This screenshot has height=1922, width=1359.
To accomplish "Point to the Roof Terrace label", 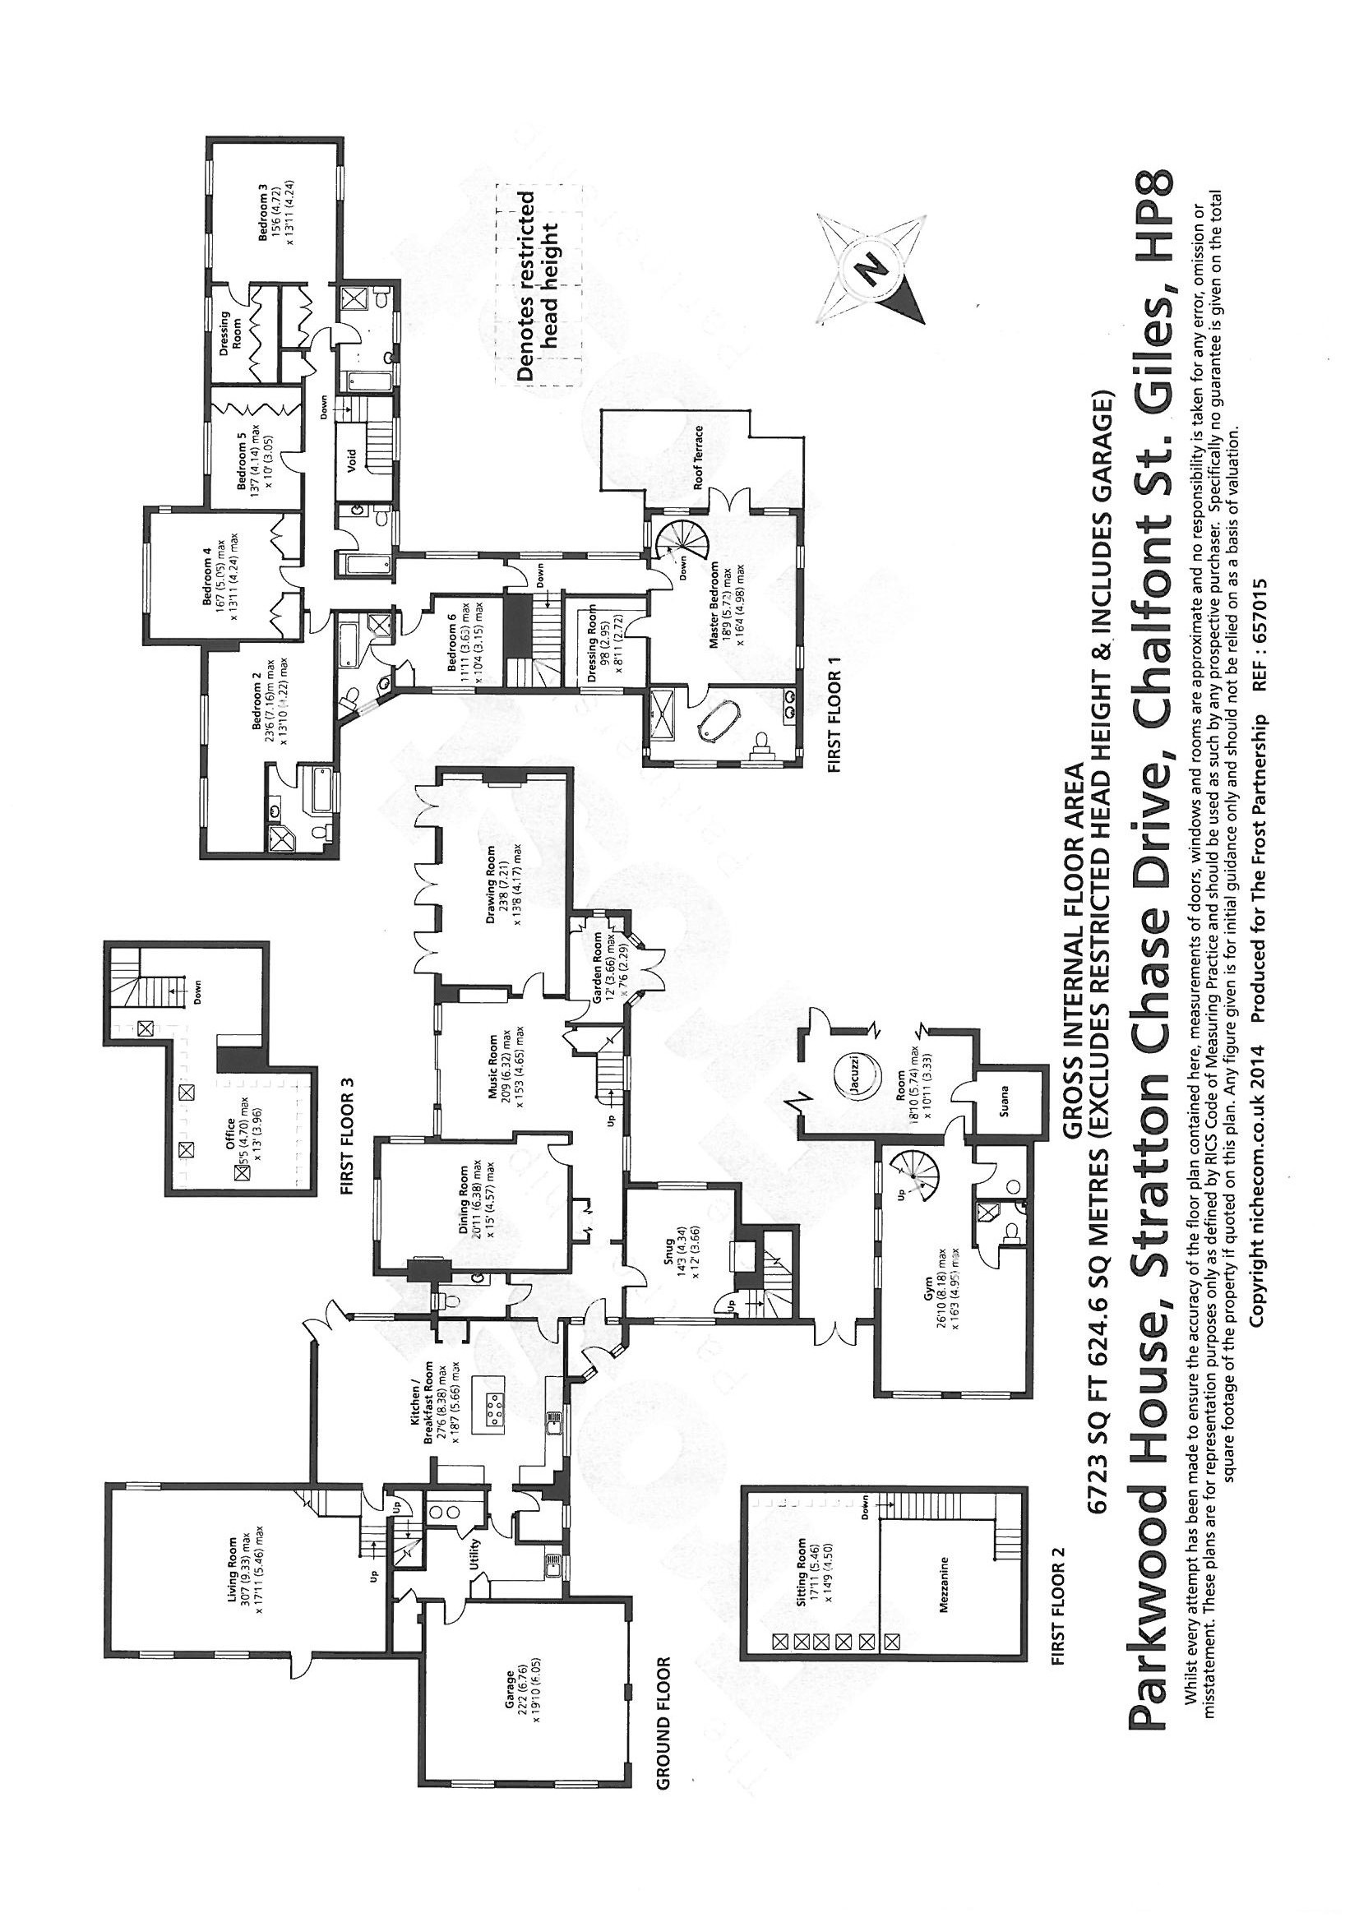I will [696, 456].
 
